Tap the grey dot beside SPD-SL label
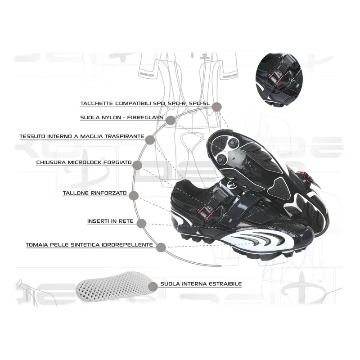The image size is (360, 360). [x=217, y=107]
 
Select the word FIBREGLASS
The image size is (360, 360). [x=145, y=117]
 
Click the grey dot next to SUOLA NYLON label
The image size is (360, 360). [x=171, y=120]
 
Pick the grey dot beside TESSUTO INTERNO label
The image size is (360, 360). [x=150, y=140]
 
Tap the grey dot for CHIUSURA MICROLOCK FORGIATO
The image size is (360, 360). [x=137, y=165]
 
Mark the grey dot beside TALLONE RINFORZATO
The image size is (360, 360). [x=134, y=196]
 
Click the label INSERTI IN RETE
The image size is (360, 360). [x=110, y=221]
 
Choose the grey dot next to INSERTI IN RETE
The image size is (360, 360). [x=141, y=224]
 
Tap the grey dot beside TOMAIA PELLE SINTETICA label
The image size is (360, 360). [x=161, y=247]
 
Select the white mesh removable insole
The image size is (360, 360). [x=115, y=287]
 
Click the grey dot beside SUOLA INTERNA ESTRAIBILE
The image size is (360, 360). [x=153, y=287]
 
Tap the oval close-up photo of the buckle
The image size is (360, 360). [x=279, y=79]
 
